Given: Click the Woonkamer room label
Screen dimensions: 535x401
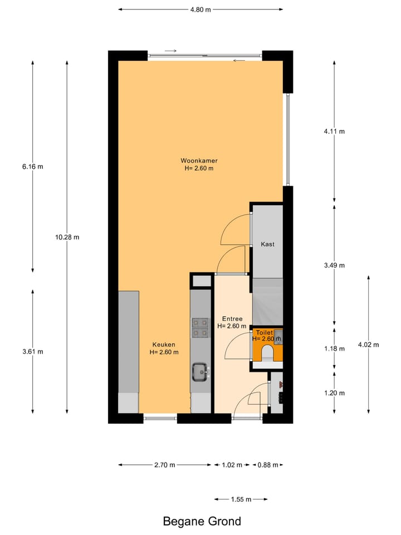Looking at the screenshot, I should pyautogui.click(x=199, y=160).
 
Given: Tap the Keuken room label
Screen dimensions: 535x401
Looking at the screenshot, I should pyautogui.click(x=164, y=344).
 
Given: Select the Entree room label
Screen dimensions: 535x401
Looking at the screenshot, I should pyautogui.click(x=231, y=319).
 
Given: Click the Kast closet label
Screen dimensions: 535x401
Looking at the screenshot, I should pyautogui.click(x=267, y=244).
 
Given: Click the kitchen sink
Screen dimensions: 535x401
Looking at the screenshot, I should pyautogui.click(x=200, y=371).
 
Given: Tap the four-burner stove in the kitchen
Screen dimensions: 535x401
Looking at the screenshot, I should pyautogui.click(x=200, y=328).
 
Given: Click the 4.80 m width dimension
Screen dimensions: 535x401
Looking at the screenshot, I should pyautogui.click(x=200, y=9).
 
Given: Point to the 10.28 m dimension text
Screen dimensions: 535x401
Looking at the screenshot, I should pyautogui.click(x=67, y=237).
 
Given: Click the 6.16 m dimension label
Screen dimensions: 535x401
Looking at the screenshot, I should pyautogui.click(x=32, y=167).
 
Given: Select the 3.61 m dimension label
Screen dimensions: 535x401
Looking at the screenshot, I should pyautogui.click(x=32, y=351).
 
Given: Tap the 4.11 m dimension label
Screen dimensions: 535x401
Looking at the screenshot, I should pyautogui.click(x=334, y=132).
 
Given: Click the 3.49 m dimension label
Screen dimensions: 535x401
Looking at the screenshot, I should pyautogui.click(x=334, y=265).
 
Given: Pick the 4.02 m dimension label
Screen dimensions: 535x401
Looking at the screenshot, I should pyautogui.click(x=368, y=344).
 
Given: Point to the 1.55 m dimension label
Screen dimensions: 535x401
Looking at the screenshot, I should pyautogui.click(x=240, y=499).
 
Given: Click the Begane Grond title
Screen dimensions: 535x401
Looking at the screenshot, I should pyautogui.click(x=202, y=522).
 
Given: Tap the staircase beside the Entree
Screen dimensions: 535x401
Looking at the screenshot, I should pyautogui.click(x=268, y=301).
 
